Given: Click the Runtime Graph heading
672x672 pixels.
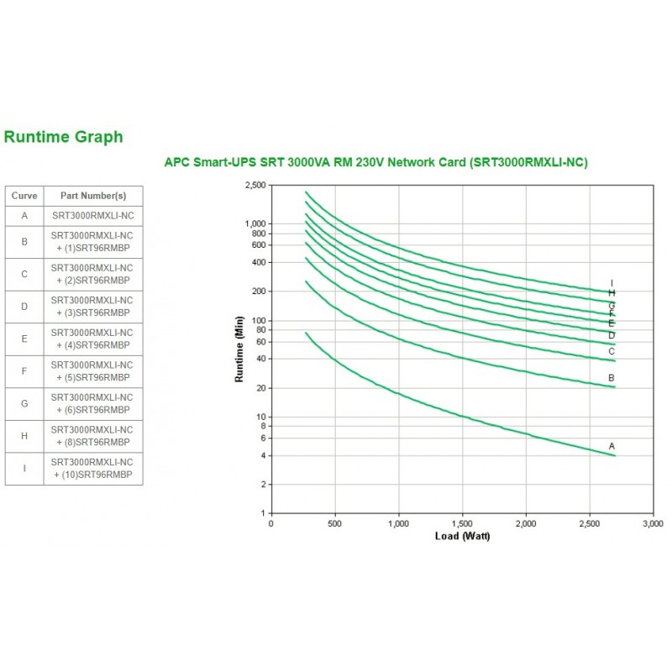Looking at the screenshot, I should [x=64, y=137].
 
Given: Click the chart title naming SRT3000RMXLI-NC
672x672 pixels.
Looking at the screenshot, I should [x=375, y=162].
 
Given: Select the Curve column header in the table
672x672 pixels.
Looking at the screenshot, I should [x=24, y=196].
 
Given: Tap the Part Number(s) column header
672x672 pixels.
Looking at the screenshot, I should [x=92, y=196].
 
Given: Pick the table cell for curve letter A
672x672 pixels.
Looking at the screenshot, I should [x=24, y=215].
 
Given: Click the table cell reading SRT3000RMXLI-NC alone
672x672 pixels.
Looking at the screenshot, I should [x=92, y=215].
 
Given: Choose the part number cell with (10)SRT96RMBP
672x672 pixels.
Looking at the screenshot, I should [x=92, y=469].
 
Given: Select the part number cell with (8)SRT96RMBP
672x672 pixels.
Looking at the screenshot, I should [x=92, y=436].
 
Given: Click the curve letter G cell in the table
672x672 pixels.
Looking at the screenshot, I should [x=24, y=403].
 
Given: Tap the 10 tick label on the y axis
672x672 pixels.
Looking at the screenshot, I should [x=260, y=417].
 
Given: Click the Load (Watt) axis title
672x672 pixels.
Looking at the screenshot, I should [x=462, y=536].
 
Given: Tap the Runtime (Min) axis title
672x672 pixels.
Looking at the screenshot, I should [x=239, y=349].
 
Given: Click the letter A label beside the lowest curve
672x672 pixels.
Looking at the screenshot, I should [x=612, y=445].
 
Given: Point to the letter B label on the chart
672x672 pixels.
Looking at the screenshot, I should [x=612, y=378].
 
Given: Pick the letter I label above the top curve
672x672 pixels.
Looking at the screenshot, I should [x=612, y=283].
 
